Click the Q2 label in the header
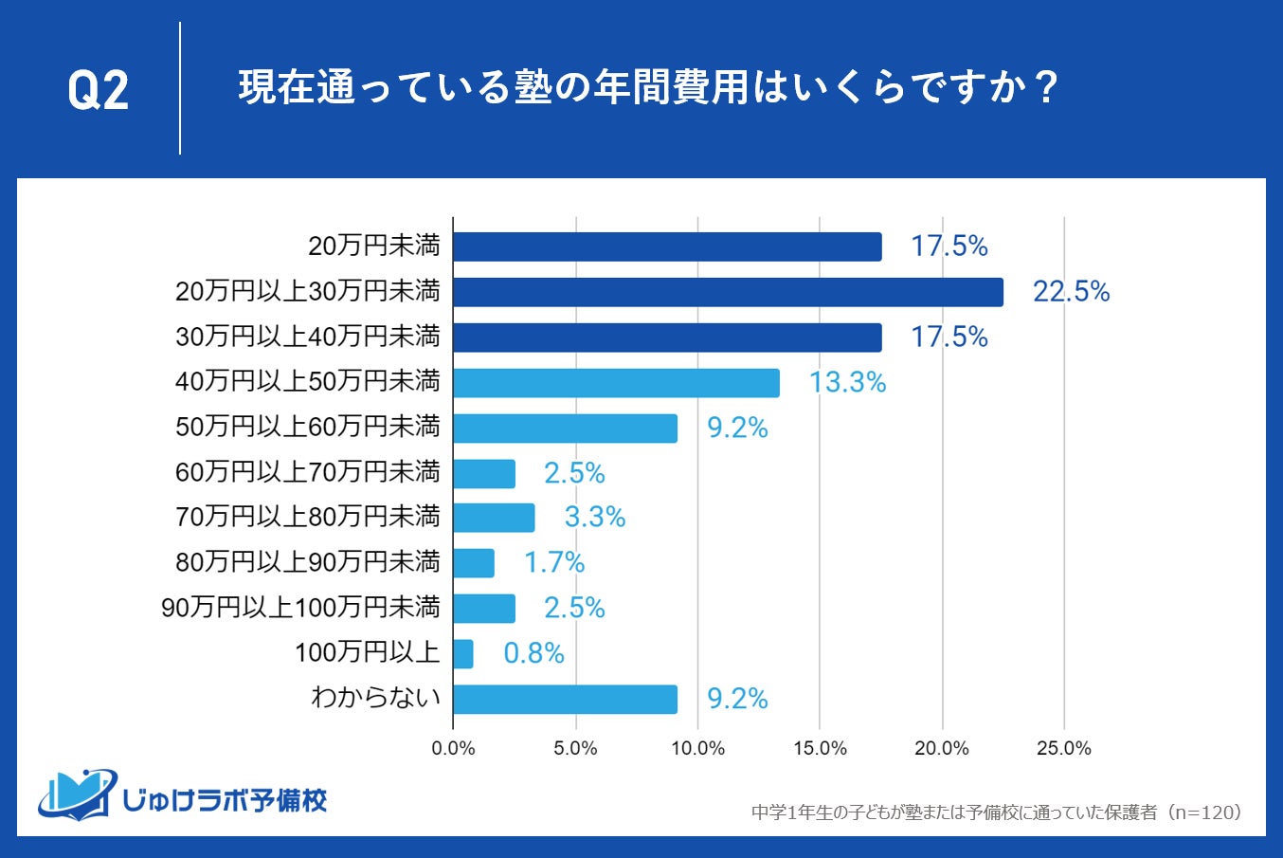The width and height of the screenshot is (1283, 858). click(98, 91)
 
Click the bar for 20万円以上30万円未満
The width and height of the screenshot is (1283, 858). click(728, 292)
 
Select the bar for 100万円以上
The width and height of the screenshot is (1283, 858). click(463, 653)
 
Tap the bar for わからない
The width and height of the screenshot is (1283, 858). click(565, 700)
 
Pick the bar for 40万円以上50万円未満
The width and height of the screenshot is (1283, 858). click(616, 383)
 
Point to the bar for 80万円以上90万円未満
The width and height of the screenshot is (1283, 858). click(474, 563)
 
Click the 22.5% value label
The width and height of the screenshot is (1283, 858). click(1071, 292)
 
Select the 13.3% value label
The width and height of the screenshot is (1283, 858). click(847, 383)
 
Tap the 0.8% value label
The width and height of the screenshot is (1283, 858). click(533, 653)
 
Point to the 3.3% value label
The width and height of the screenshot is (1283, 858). click(595, 518)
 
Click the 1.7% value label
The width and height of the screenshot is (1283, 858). click(554, 563)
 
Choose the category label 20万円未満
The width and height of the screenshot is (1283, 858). click(374, 246)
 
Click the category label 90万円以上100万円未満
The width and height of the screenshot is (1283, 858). click(301, 608)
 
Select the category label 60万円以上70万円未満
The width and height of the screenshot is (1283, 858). click(308, 472)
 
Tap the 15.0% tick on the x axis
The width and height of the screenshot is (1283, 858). click(820, 749)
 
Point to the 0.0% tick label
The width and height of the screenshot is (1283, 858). click(453, 749)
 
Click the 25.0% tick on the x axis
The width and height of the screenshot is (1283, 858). click(1063, 749)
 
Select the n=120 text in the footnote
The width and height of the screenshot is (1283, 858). click(1203, 812)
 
